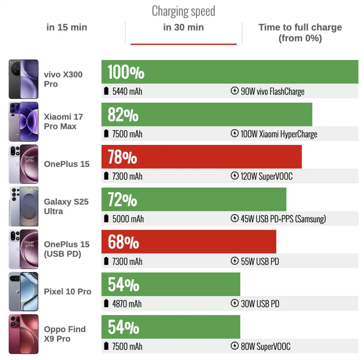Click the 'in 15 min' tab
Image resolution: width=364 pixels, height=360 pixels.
point(67,27)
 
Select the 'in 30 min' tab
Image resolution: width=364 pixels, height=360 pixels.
point(183,27)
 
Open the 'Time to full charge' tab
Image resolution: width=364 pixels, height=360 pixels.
point(300,33)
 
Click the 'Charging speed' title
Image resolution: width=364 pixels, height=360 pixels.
point(183,11)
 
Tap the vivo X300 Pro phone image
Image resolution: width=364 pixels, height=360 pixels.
point(24,79)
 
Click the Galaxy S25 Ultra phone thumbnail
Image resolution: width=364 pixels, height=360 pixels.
point(24,207)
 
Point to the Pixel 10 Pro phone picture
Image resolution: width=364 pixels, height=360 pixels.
point(24,292)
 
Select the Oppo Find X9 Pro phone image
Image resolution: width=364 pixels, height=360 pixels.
point(24,334)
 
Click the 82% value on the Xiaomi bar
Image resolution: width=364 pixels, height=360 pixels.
point(123,115)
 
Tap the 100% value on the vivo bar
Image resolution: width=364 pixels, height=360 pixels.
point(126,72)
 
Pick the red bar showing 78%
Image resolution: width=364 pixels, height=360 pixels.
point(201,157)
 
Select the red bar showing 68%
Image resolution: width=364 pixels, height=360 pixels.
point(189,242)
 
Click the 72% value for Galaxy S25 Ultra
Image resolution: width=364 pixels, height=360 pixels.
point(122,200)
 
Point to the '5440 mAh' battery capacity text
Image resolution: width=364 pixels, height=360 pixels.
point(127,91)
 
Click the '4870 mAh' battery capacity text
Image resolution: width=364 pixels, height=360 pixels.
point(127,304)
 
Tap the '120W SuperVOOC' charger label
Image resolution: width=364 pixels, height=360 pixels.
point(267,176)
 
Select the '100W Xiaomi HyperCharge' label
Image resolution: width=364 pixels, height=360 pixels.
point(279,134)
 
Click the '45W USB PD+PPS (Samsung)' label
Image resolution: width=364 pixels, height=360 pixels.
point(283,219)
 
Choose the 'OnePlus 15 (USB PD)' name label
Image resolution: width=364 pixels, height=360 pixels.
point(67,249)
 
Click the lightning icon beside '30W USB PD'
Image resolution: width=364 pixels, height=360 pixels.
point(235,303)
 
